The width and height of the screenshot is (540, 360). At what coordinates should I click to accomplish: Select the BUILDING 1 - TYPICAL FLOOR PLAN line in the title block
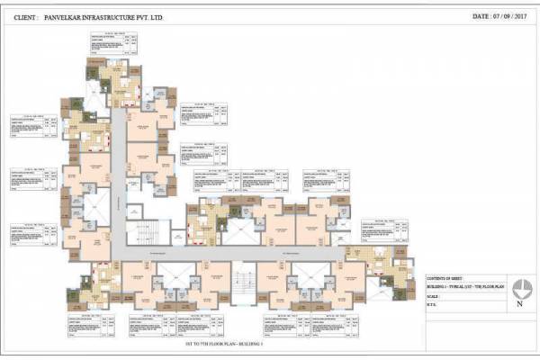click(463, 288)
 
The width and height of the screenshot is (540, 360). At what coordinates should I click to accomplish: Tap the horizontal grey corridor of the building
click(234, 256)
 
